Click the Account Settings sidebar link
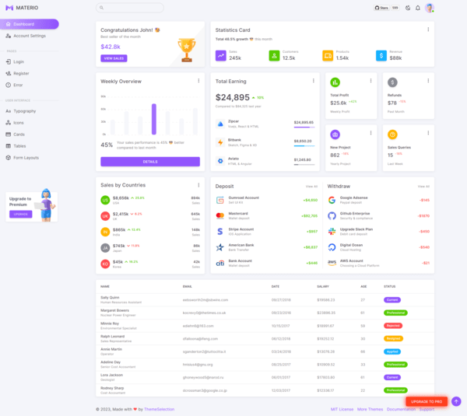click(30, 36)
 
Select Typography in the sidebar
click(24, 111)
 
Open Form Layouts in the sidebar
click(26, 157)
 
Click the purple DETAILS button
click(150, 162)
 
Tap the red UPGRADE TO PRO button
click(427, 401)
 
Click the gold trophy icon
click(186, 49)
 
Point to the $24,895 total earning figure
click(233, 97)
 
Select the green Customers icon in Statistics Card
click(274, 56)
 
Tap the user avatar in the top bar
click(429, 8)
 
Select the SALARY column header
click(323, 286)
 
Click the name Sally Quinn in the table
click(110, 298)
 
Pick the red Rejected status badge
click(393, 325)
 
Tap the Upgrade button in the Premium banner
click(21, 214)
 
